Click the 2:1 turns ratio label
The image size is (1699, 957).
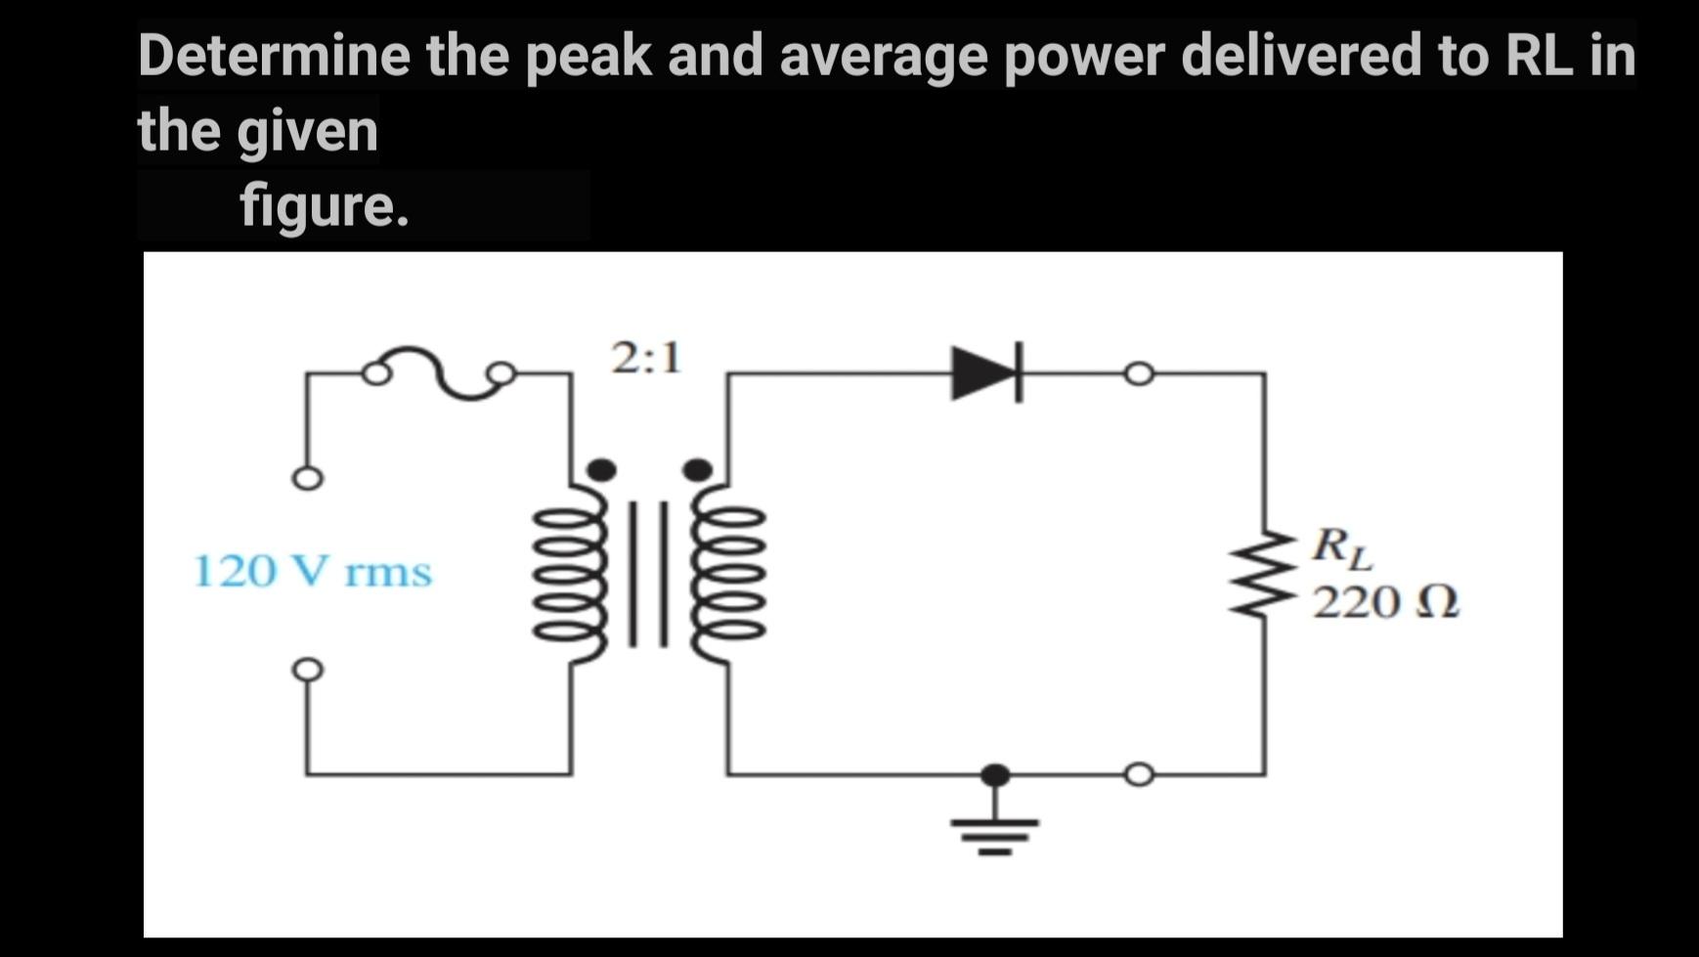tap(646, 359)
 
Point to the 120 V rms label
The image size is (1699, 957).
tap(312, 572)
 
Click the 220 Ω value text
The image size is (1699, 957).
tap(1385, 602)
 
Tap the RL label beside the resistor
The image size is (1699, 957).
tap(1342, 547)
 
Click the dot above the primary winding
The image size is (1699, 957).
tap(601, 470)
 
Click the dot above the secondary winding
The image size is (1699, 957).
tap(697, 470)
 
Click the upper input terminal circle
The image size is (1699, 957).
tap(307, 479)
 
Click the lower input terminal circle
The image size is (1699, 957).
tap(307, 670)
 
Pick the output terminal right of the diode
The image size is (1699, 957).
tap(1139, 373)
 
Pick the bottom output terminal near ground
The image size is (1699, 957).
tap(1139, 775)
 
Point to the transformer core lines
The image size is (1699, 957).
tap(648, 574)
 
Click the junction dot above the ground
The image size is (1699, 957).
tap(995, 775)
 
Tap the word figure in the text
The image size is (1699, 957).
tap(323, 206)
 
